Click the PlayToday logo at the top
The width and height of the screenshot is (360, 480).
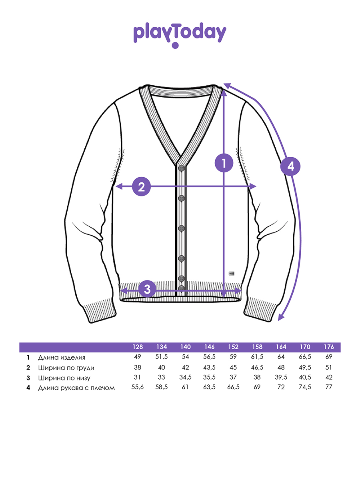point(180,35)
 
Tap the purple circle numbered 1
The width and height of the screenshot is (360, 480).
point(224,163)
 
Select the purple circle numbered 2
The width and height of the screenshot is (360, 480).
point(142,186)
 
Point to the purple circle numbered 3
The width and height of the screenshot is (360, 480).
point(147,289)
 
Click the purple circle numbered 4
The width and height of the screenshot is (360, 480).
point(290,166)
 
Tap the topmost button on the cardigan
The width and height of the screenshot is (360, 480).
point(182,168)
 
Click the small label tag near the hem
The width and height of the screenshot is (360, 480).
point(232,273)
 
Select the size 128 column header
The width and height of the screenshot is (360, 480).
point(138,347)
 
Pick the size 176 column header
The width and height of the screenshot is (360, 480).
point(329,347)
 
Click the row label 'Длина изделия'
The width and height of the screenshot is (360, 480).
point(62,358)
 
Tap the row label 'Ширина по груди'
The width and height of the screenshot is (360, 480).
point(66,368)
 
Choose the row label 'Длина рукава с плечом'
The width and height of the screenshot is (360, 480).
point(76,388)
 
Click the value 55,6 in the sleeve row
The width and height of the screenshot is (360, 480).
point(138,387)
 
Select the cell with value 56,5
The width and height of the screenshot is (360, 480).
point(209,357)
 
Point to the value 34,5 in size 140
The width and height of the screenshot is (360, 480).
point(185,377)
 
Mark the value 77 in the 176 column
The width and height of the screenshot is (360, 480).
point(329,387)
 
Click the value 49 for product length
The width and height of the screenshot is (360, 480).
point(138,357)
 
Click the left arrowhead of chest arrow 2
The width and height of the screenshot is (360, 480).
point(119,186)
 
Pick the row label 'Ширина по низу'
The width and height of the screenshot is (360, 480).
point(64,378)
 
